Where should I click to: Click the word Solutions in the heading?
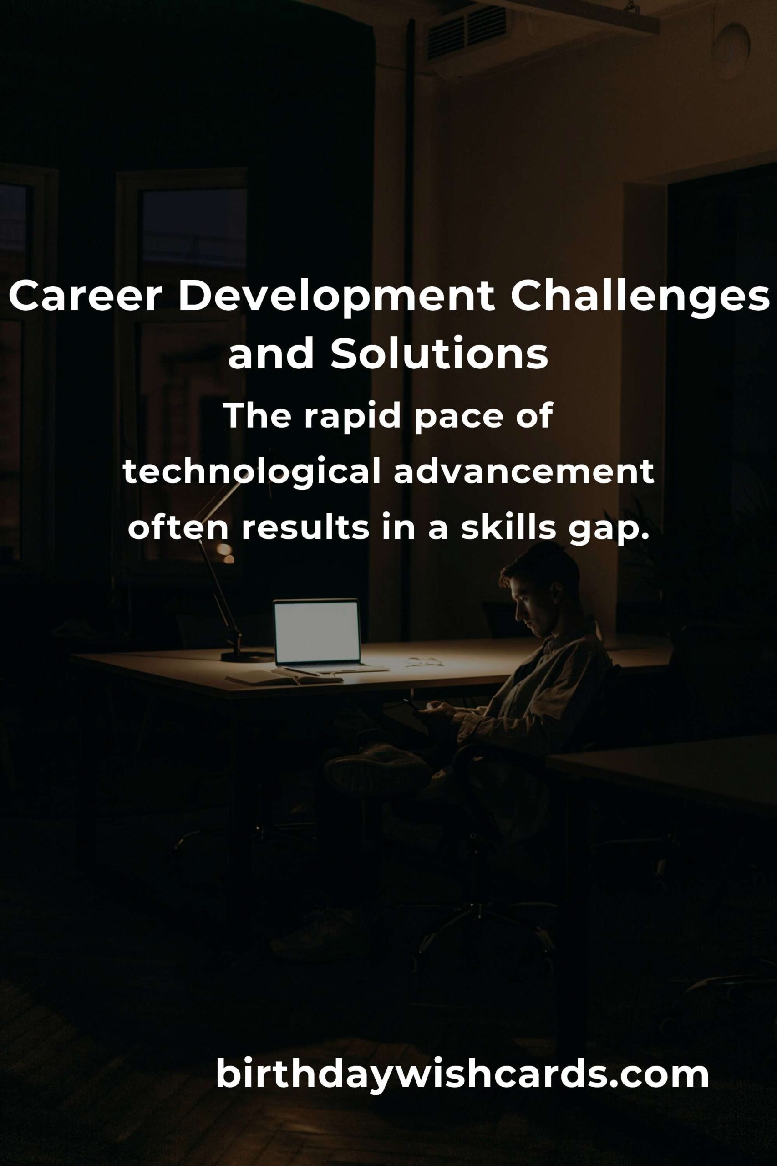coord(440,354)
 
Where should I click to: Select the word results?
coord(305,529)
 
